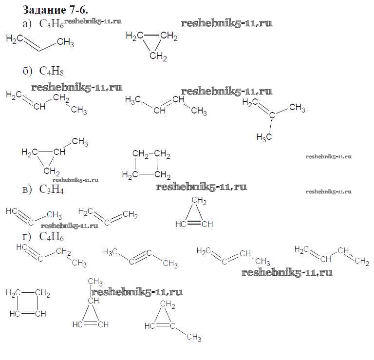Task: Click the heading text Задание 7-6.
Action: (56, 10)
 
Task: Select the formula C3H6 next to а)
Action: (52, 24)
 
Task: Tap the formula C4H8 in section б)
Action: (52, 71)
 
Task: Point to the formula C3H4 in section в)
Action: (52, 189)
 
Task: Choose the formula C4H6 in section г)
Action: (52, 237)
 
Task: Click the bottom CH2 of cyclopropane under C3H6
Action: (158, 57)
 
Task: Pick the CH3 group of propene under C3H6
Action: (65, 43)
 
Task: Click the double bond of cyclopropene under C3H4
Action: (194, 223)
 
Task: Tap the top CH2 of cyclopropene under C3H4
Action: (199, 201)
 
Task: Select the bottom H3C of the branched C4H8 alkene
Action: (264, 137)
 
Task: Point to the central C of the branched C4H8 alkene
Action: (272, 115)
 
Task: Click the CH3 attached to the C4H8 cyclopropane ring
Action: (80, 142)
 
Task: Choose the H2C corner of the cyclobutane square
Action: (130, 175)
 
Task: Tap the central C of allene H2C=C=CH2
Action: (107, 222)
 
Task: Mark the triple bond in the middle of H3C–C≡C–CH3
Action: (140, 257)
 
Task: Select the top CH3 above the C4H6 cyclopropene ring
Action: (95, 282)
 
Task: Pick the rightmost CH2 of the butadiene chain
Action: (362, 261)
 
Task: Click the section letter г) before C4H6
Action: (27, 237)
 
